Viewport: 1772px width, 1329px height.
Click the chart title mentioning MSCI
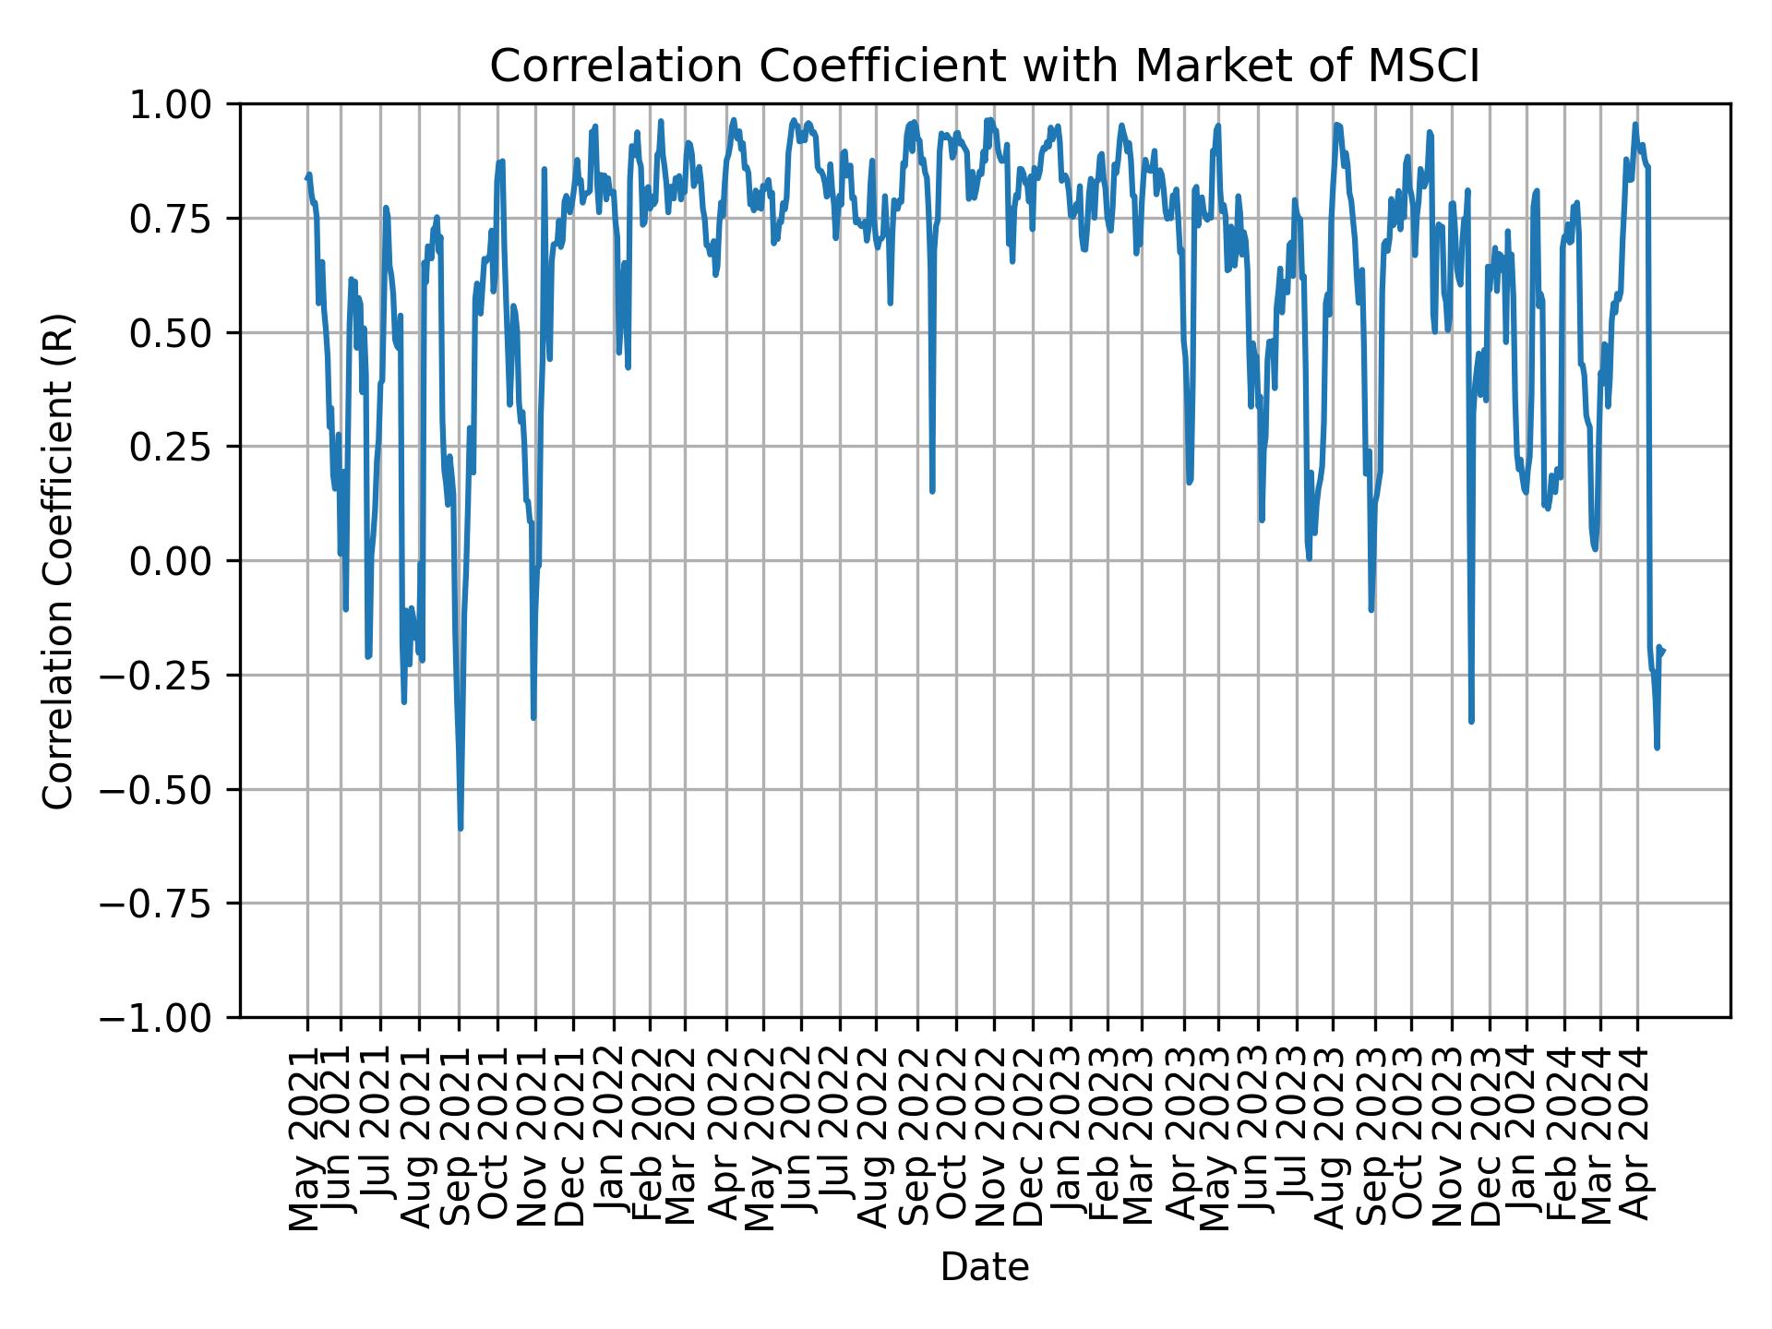984,66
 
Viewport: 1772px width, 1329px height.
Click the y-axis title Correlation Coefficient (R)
58,561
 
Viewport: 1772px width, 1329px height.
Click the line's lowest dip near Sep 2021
461,828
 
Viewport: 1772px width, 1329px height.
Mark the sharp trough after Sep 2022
932,490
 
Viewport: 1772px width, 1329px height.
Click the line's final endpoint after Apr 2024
1663,650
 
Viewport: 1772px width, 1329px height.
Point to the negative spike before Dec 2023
1471,721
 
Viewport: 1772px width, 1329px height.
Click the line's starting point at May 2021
307,177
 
